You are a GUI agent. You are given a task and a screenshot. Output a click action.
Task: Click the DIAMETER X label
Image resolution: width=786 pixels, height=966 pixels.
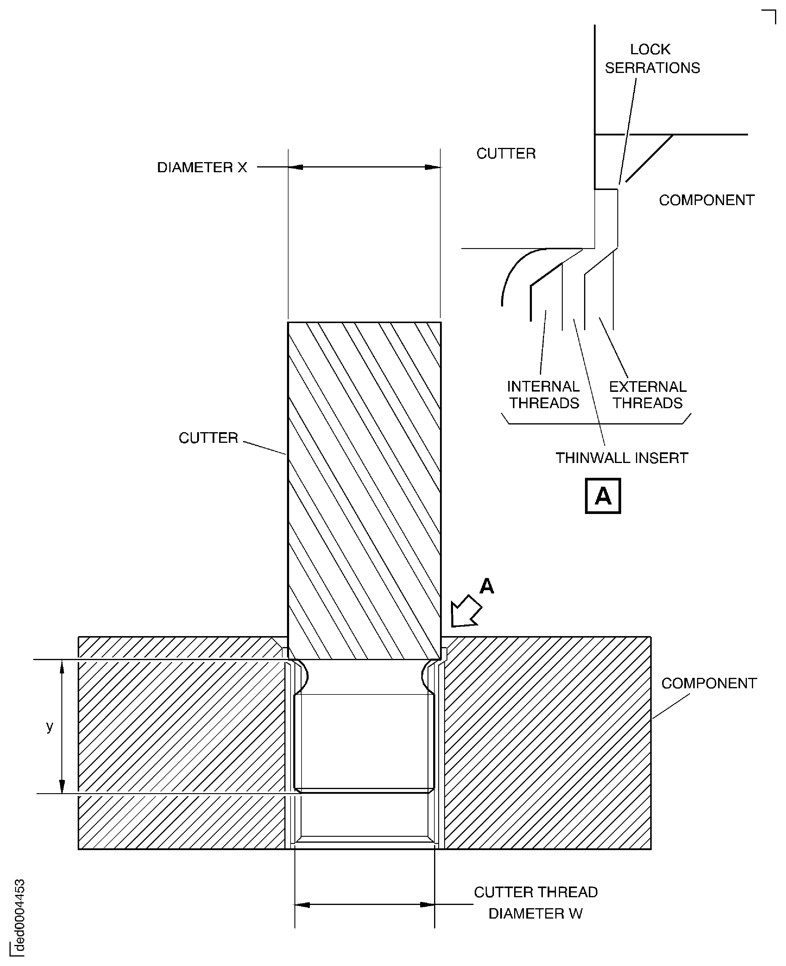pos(202,167)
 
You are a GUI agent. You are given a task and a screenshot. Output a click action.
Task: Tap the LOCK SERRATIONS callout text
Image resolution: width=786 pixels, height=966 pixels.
pos(652,58)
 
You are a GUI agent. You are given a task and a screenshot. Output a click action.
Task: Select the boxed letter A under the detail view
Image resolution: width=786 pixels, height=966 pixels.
pos(603,496)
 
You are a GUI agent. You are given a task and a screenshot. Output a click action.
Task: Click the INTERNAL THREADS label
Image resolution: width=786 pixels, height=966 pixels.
pos(543,394)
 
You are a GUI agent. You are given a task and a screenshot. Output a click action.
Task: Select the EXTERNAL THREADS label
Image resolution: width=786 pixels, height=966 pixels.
pos(648,394)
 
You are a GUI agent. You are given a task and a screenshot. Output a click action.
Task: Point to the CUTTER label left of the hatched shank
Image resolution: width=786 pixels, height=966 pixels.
pos(208,438)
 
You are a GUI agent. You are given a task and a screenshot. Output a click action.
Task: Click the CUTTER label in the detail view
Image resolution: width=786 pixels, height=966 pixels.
pos(506,154)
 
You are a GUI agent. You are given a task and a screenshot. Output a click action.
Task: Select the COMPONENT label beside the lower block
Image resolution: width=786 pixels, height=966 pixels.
pos(709,683)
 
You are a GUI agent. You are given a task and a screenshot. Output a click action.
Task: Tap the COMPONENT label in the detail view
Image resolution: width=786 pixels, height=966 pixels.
pos(706,200)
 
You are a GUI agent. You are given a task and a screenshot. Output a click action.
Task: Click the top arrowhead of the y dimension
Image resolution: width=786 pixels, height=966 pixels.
pos(62,667)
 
